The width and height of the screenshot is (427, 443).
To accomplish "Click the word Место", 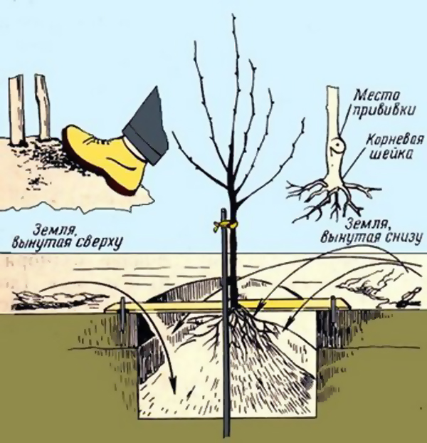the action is [x=376, y=96].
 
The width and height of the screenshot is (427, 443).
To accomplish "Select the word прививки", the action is [x=384, y=110].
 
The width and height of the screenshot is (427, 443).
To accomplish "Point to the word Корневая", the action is [x=395, y=140].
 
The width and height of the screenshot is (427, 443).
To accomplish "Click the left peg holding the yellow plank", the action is [x=124, y=315].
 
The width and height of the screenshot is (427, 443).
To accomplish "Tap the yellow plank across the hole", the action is [x=227, y=305].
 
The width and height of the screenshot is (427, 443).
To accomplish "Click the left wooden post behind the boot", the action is [x=16, y=110].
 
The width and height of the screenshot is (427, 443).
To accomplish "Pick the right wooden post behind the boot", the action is [x=43, y=107].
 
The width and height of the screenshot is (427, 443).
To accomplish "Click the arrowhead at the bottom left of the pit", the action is [x=172, y=385].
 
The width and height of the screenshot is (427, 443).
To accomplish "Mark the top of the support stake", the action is [x=223, y=209].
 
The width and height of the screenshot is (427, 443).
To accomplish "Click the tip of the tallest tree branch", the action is [x=233, y=15].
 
